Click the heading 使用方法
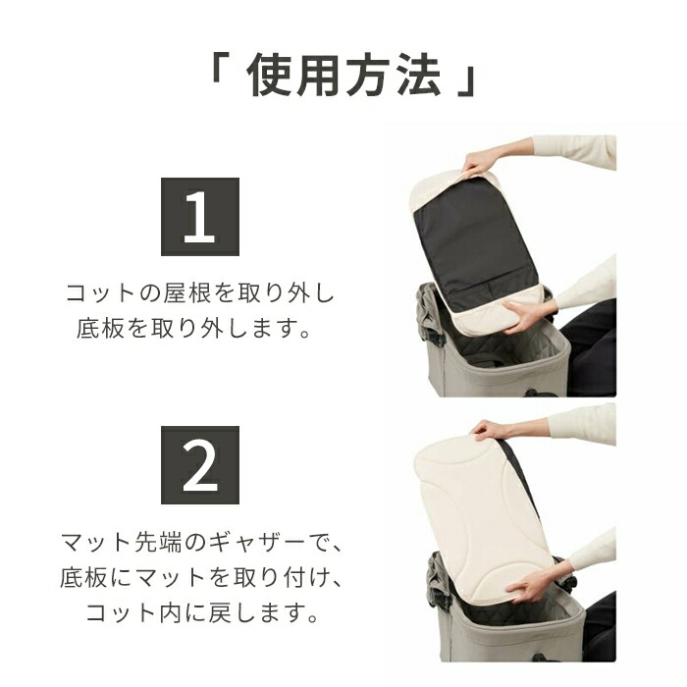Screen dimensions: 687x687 click(343, 75)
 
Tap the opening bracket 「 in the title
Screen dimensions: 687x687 click(216, 66)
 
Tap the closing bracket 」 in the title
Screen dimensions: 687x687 click(468, 81)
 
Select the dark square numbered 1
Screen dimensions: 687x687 click(200, 217)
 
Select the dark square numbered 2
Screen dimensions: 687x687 click(200, 465)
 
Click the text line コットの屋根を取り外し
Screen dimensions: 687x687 click(200, 293)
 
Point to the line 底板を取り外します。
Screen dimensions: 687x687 click(194, 328)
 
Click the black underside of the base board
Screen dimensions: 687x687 click(475, 244)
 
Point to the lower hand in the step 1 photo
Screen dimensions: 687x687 click(523, 315)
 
